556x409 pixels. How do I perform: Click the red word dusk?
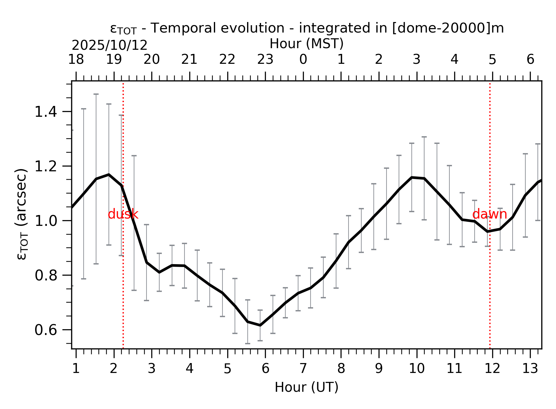(123, 214)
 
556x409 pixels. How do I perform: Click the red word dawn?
(489, 214)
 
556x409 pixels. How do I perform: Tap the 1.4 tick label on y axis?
(46, 112)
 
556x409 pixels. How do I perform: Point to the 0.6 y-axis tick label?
(46, 330)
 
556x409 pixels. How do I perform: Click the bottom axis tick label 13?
(530, 369)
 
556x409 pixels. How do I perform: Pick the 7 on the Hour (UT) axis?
(303, 369)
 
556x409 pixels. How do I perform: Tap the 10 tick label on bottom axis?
(417, 369)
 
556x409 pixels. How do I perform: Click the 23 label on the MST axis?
(265, 60)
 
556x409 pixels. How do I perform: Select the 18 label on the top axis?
(76, 60)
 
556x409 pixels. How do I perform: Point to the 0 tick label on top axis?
(303, 60)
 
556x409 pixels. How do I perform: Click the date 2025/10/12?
(109, 46)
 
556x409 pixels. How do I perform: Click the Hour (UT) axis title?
(306, 387)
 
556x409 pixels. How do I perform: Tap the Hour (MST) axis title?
(306, 44)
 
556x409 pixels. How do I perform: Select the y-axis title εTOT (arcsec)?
(22, 214)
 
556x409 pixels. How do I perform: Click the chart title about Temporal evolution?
(307, 28)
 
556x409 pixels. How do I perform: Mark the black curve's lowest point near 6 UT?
(260, 325)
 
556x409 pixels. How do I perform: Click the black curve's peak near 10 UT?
(412, 177)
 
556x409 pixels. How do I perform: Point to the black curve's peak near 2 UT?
(109, 175)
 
